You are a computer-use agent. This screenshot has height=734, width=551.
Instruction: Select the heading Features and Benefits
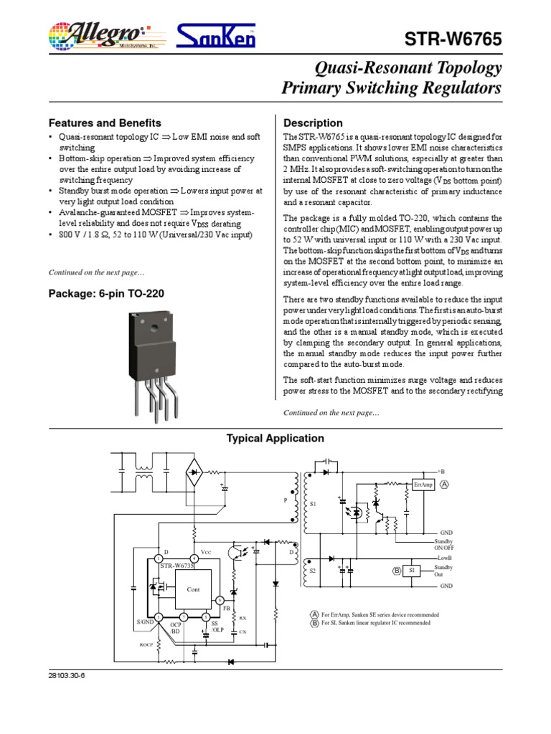coord(104,123)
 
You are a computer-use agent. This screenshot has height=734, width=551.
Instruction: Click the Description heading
coord(314,123)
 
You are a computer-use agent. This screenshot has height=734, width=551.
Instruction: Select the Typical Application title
coord(275,438)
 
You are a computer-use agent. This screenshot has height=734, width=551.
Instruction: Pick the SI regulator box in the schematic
coord(411,571)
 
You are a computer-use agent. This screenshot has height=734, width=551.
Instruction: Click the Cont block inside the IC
coord(193,589)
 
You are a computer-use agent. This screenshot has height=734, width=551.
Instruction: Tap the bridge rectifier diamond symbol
coord(194,472)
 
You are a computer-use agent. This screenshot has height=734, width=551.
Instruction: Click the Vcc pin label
coord(206,553)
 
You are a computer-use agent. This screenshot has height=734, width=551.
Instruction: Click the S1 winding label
coord(313,505)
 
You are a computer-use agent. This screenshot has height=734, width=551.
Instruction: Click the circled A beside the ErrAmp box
coord(445,485)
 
